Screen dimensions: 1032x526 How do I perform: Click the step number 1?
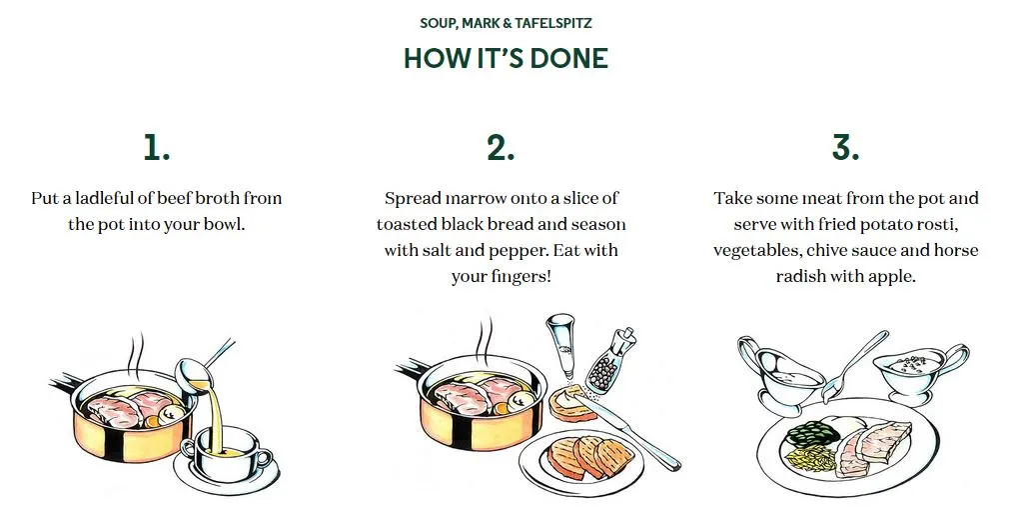pos(157,147)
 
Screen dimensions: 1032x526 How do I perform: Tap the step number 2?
pos(501,147)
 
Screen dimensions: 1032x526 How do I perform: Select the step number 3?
pos(846,147)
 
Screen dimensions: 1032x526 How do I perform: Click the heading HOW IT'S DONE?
pos(506,58)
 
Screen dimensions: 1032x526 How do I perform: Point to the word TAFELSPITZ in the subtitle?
pos(553,23)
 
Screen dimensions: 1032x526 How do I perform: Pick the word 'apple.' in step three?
pos(894,277)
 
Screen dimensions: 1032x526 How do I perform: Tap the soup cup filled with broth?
pos(226,450)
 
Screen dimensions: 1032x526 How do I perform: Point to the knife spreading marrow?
pos(625,428)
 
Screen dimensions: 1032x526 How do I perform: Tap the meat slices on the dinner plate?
pos(873,447)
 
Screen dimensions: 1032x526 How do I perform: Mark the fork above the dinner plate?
pos(853,366)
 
